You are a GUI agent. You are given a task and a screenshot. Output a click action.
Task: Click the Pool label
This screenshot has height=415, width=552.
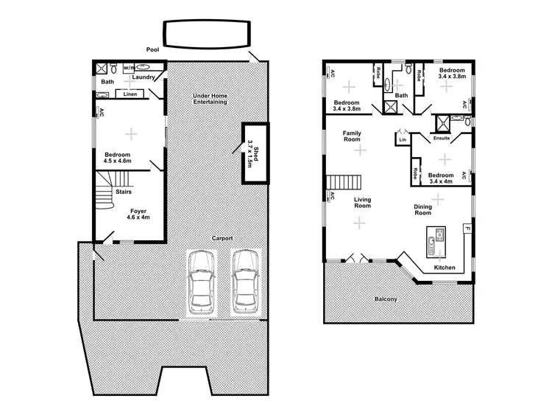tap(152, 49)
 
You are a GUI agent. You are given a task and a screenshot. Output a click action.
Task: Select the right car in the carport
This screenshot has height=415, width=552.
tap(245, 282)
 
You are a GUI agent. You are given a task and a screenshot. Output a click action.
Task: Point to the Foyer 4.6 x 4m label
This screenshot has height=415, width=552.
tap(138, 215)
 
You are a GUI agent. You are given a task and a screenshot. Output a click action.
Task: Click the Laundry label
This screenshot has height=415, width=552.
tap(143, 77)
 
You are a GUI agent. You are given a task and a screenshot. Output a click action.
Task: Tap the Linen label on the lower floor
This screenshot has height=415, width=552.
tap(130, 94)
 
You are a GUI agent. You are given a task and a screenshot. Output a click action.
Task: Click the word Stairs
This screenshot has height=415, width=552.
tap(123, 191)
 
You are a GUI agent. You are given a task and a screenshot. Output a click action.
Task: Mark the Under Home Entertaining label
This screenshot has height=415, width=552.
tap(210, 99)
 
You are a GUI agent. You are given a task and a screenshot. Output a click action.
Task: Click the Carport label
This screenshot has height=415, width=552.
tap(222, 238)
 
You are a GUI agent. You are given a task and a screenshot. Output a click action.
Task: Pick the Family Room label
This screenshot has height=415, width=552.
tap(351, 136)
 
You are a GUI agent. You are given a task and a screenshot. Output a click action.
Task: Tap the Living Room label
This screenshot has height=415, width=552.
tap(362, 202)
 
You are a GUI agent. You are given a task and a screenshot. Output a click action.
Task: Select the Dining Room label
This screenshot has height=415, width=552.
tap(423, 210)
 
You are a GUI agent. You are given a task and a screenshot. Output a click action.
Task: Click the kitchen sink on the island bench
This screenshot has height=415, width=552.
tap(439, 236)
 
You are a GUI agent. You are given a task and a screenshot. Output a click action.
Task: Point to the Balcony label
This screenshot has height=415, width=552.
tap(386, 299)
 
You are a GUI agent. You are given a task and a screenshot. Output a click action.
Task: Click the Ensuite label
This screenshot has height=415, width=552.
tap(441, 139)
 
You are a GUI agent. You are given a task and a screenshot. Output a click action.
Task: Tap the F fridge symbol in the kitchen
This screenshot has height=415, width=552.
tap(466, 229)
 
